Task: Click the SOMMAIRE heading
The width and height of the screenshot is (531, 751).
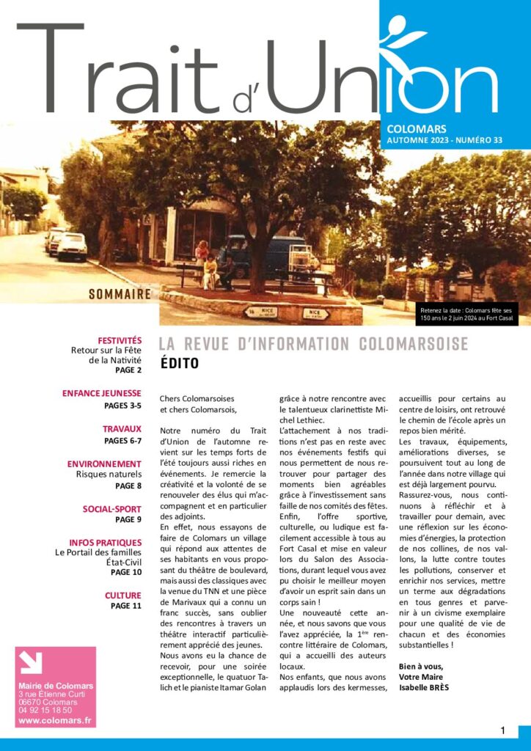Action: tap(120, 295)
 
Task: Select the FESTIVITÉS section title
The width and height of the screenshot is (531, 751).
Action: tap(120, 340)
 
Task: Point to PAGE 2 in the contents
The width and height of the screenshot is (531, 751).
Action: tap(128, 370)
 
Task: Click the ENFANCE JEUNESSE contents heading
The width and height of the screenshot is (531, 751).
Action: tap(102, 393)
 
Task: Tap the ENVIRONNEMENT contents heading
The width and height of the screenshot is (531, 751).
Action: tap(104, 464)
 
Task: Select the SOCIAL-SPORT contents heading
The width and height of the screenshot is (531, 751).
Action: tap(111, 508)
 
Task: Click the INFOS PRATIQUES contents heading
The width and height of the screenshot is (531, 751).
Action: tap(105, 542)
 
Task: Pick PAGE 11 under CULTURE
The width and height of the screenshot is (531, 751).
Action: tap(126, 606)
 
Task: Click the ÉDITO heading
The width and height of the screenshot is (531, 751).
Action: tap(180, 363)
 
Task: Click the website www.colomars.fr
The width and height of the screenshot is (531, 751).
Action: tap(55, 720)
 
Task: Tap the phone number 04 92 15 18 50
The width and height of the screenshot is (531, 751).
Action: tap(45, 710)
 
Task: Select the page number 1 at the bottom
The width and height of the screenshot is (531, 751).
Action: tap(503, 730)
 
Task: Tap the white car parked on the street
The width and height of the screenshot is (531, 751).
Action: tap(71, 246)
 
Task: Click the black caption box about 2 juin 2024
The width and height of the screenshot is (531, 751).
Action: tap(468, 313)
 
